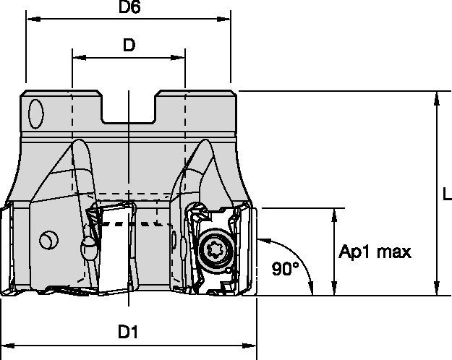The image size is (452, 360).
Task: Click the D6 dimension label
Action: [x=129, y=9]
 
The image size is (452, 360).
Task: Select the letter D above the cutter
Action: [x=129, y=45]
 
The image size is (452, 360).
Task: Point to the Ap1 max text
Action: [x=375, y=252]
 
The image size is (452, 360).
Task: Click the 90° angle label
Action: [x=285, y=269]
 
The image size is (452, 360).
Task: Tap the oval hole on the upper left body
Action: [x=35, y=114]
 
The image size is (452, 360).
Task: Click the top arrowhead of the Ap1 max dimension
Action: [x=333, y=214]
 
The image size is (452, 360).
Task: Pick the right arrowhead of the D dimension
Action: [x=181, y=56]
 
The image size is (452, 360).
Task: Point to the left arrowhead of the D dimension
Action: [x=77, y=56]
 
